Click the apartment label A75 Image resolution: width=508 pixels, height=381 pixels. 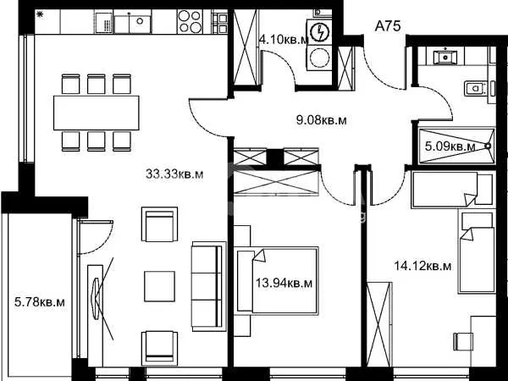tap(388, 26)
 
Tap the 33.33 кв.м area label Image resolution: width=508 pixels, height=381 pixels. tap(174, 174)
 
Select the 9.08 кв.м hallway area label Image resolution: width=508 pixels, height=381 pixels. tap(322, 120)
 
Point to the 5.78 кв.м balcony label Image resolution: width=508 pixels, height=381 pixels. tap(40, 302)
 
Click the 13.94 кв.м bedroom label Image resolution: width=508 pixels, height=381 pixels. tap(284, 284)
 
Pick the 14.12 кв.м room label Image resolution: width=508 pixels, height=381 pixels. tap(422, 266)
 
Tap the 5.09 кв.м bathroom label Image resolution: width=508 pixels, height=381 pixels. tap(450, 146)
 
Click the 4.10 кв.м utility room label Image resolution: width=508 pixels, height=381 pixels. tap(283, 40)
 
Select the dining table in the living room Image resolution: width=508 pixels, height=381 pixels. tap(97, 113)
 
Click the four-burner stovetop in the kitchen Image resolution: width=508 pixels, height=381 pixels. tap(190, 21)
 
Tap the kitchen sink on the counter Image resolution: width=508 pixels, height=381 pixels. tap(133, 22)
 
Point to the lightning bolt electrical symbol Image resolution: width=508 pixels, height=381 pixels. tap(319, 32)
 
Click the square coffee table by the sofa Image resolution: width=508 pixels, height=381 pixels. tap(159, 286)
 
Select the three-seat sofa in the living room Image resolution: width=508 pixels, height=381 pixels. tap(209, 286)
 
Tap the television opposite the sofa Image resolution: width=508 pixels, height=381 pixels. tap(96, 297)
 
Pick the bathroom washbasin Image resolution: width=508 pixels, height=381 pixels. tap(445, 57)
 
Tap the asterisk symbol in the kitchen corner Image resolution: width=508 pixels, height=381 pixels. tap(40, 14)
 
